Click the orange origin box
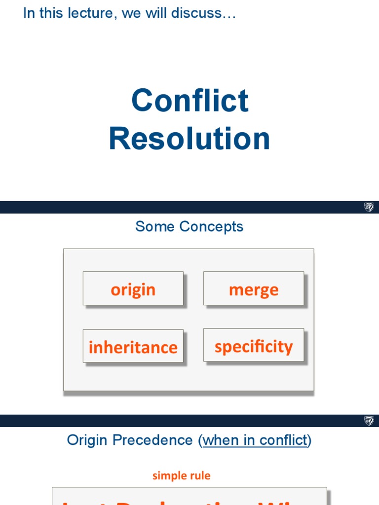(133, 289)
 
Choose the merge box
(254, 289)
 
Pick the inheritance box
(133, 347)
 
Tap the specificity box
(254, 346)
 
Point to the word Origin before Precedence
(87, 440)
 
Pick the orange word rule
(199, 476)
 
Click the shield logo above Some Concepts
(369, 207)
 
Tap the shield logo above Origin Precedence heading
(369, 421)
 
